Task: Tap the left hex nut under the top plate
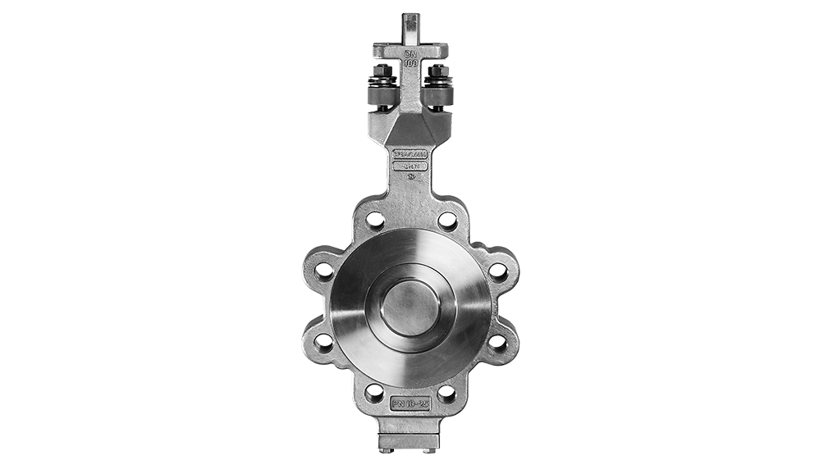pyautogui.click(x=383, y=75)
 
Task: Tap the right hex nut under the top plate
pyautogui.click(x=436, y=75)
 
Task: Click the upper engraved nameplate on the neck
pyautogui.click(x=409, y=153)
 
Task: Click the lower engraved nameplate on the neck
pyautogui.click(x=409, y=166)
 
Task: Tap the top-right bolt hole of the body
pyautogui.click(x=446, y=220)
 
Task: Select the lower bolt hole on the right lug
pyautogui.click(x=498, y=342)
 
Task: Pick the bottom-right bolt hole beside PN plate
pyautogui.click(x=446, y=393)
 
